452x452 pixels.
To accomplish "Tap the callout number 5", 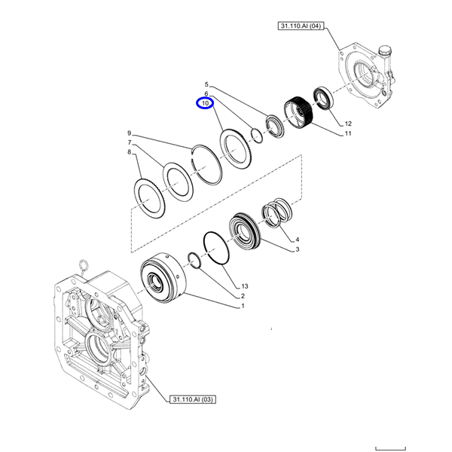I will click(206, 84).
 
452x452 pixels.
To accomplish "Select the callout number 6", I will click(206, 93).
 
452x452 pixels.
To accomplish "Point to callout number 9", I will click(129, 133).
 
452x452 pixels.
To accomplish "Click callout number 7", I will click(129, 142).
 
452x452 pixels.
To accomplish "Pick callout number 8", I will click(129, 152).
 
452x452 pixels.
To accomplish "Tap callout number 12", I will click(348, 124).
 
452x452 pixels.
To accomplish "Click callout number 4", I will click(297, 239).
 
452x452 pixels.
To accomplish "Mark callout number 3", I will click(297, 249).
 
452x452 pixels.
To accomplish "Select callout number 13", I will click(244, 287).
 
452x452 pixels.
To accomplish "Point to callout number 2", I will click(244, 296).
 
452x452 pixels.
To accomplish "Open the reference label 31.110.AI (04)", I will click(300, 26).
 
